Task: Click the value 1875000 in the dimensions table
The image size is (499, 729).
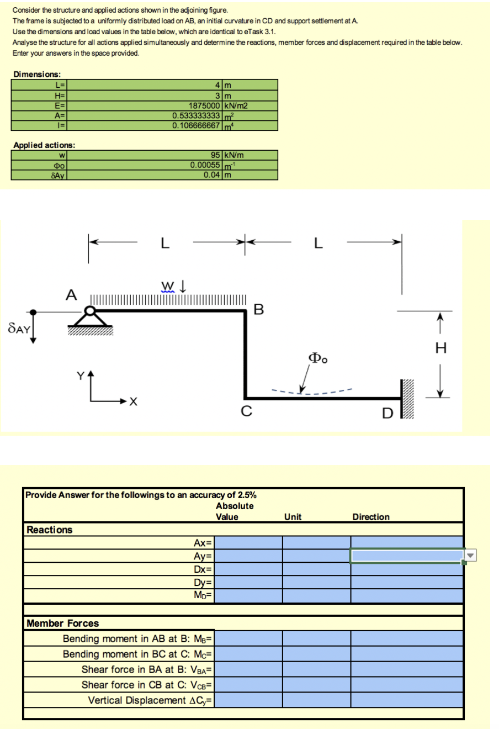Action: [x=204, y=106]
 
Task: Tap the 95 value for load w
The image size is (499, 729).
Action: [x=215, y=155]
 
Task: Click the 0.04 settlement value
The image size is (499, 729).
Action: [x=212, y=175]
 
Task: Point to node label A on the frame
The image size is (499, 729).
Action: [x=71, y=295]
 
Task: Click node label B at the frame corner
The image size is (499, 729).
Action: [x=258, y=309]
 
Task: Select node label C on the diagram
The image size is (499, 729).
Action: [x=246, y=411]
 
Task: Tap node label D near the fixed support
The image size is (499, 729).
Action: [x=387, y=413]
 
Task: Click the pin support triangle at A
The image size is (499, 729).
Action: [x=90, y=318]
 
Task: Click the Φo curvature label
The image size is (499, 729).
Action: [x=318, y=358]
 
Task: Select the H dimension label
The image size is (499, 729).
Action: [x=441, y=348]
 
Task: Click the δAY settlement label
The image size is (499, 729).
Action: [x=19, y=328]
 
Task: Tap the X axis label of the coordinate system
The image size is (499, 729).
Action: [x=134, y=402]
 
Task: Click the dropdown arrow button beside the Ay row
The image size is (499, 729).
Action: [x=471, y=555]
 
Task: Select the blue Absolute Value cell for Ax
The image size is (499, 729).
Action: [x=248, y=542]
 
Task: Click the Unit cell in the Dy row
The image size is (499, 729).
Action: [x=316, y=582]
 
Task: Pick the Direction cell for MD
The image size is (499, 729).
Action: [x=407, y=595]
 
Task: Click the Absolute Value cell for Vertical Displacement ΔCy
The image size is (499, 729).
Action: [x=248, y=700]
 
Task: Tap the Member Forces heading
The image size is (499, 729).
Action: [x=62, y=623]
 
